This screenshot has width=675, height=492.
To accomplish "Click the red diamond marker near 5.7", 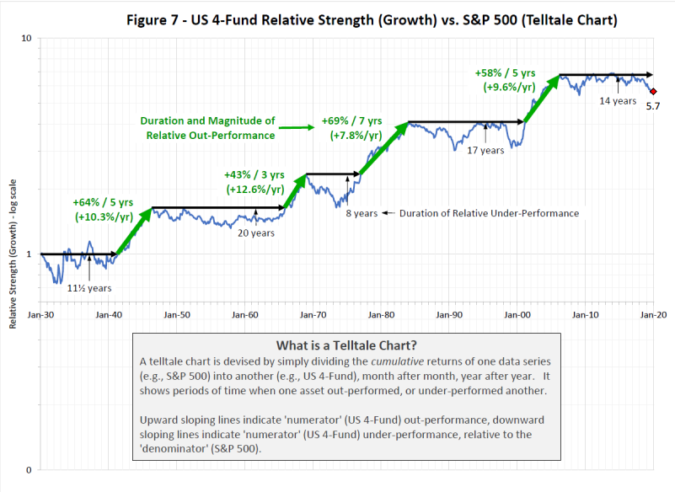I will click(x=653, y=91).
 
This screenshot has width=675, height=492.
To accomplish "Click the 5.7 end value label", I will click(x=651, y=105).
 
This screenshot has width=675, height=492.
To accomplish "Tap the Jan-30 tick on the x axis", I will click(x=40, y=313).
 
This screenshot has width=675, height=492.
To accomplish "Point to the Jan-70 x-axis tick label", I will click(x=313, y=313).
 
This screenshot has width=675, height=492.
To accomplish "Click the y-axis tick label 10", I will click(x=25, y=38).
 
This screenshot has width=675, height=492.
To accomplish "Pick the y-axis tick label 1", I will click(x=29, y=254).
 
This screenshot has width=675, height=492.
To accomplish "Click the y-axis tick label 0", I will click(x=29, y=469).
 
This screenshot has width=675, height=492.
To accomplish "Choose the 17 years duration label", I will click(x=485, y=151).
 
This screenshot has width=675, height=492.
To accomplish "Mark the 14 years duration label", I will click(x=618, y=101).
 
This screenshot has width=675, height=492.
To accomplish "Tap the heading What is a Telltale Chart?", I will click(x=346, y=345).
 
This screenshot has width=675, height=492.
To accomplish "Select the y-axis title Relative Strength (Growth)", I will click(x=13, y=253).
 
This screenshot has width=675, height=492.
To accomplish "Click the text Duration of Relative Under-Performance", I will click(x=490, y=213).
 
